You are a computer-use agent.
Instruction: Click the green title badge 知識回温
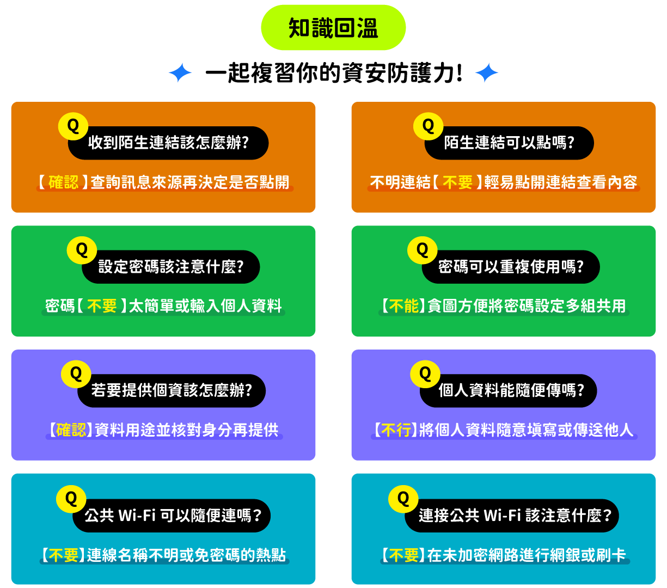333,28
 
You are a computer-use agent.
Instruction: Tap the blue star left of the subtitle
180,73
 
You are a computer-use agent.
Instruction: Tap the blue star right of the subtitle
487,73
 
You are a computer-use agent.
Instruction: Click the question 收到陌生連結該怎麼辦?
168,143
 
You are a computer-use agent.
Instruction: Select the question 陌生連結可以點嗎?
509,143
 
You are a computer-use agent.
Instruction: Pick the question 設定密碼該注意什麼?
171,267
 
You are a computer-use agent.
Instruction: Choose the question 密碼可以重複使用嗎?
511,267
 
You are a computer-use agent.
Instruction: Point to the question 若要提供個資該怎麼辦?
172,391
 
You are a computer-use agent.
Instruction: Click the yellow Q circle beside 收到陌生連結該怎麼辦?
73,126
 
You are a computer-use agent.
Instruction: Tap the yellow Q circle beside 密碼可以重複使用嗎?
423,250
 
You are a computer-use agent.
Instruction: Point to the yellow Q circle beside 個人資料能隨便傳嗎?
425,375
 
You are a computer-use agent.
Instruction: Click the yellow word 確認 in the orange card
64,182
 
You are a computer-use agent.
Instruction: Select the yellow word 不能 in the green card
404,306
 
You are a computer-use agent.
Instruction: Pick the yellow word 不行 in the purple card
396,430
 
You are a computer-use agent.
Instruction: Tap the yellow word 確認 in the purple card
71,430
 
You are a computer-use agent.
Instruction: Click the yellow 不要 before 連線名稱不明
64,555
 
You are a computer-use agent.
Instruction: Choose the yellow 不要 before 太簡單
102,306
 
